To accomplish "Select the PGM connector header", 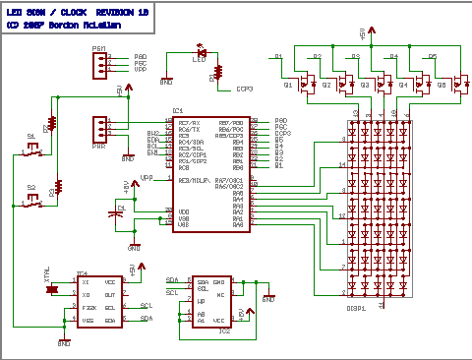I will [101, 64].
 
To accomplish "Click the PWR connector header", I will [100, 129].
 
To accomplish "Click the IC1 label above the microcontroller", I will [178, 110].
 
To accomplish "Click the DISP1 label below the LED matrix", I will [356, 309].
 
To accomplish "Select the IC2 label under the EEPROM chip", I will [224, 330].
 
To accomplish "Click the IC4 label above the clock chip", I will [82, 272].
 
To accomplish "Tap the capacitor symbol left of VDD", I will [119, 210].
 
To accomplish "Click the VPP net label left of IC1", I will [147, 178].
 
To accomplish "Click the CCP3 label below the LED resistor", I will [245, 89].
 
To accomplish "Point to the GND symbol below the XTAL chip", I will [65, 341].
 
